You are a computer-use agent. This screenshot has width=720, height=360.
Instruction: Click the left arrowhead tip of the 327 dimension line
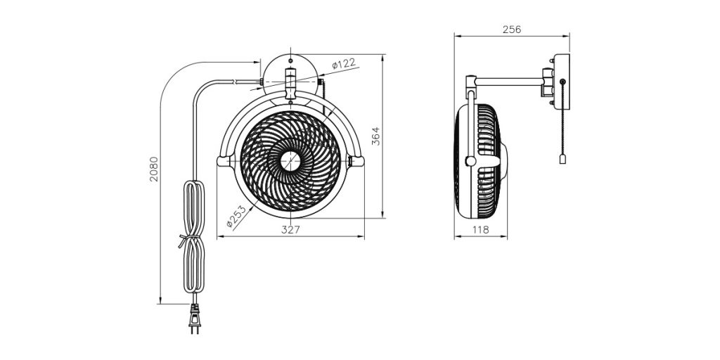tap(217, 237)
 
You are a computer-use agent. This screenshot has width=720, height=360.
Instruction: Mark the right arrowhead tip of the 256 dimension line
tap(570, 35)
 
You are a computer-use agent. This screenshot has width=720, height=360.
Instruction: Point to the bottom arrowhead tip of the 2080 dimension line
tap(160, 304)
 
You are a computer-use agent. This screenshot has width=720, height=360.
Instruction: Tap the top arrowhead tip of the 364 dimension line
tap(383, 55)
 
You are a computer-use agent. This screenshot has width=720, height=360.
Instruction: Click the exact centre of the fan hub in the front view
tap(290, 161)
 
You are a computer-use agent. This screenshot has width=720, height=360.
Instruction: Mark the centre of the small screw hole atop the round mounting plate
tap(290, 60)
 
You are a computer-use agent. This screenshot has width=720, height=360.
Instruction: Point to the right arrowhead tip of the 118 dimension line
tap(508, 237)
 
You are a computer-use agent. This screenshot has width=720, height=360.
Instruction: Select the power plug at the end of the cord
tap(195, 319)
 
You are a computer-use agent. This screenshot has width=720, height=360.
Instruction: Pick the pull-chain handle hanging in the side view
tap(562, 159)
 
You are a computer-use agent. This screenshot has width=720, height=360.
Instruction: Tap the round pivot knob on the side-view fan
tap(470, 161)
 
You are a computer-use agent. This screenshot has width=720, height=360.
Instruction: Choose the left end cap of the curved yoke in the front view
tap(223, 161)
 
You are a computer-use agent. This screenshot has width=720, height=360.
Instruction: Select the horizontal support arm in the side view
tap(509, 82)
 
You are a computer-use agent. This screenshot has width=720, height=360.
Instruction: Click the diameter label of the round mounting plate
tap(343, 63)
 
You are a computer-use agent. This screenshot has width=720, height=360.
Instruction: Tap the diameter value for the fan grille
tap(236, 217)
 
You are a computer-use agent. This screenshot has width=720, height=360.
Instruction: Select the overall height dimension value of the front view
tap(375, 136)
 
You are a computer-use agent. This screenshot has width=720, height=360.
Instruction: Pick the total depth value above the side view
tap(512, 30)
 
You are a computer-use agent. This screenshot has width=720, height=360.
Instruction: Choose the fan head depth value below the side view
tap(481, 230)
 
